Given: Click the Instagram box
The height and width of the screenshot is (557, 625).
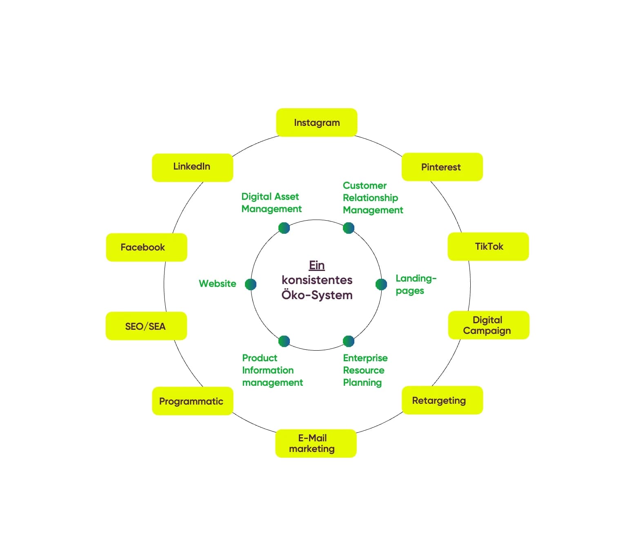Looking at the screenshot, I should [316, 123].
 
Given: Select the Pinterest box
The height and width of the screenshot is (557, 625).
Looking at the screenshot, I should [442, 167].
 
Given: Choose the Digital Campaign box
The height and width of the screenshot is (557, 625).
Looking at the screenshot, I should [488, 325].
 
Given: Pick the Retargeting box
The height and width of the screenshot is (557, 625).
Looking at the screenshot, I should [442, 400].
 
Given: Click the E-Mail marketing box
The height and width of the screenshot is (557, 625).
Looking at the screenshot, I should [316, 443].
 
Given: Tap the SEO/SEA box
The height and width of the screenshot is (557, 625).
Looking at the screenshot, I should [146, 326].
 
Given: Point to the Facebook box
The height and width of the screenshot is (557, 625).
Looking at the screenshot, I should [146, 247].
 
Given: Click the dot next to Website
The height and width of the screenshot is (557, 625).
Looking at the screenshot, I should [251, 284].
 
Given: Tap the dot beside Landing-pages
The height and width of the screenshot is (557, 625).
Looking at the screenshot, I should [381, 284].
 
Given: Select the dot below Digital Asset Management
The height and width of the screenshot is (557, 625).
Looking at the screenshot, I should [284, 228].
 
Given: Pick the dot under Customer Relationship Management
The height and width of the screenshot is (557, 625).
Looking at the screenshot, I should [348, 228].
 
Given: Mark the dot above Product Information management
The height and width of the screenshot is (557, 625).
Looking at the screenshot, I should [284, 341].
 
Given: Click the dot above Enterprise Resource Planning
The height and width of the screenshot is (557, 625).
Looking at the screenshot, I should [348, 341].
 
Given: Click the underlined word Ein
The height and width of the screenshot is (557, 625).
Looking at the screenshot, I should [316, 265].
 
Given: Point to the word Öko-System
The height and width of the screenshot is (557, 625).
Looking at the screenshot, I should [316, 295].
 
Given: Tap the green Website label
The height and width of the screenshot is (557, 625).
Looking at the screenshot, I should [217, 284].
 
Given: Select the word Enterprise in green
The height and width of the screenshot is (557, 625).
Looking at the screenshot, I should [365, 358].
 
